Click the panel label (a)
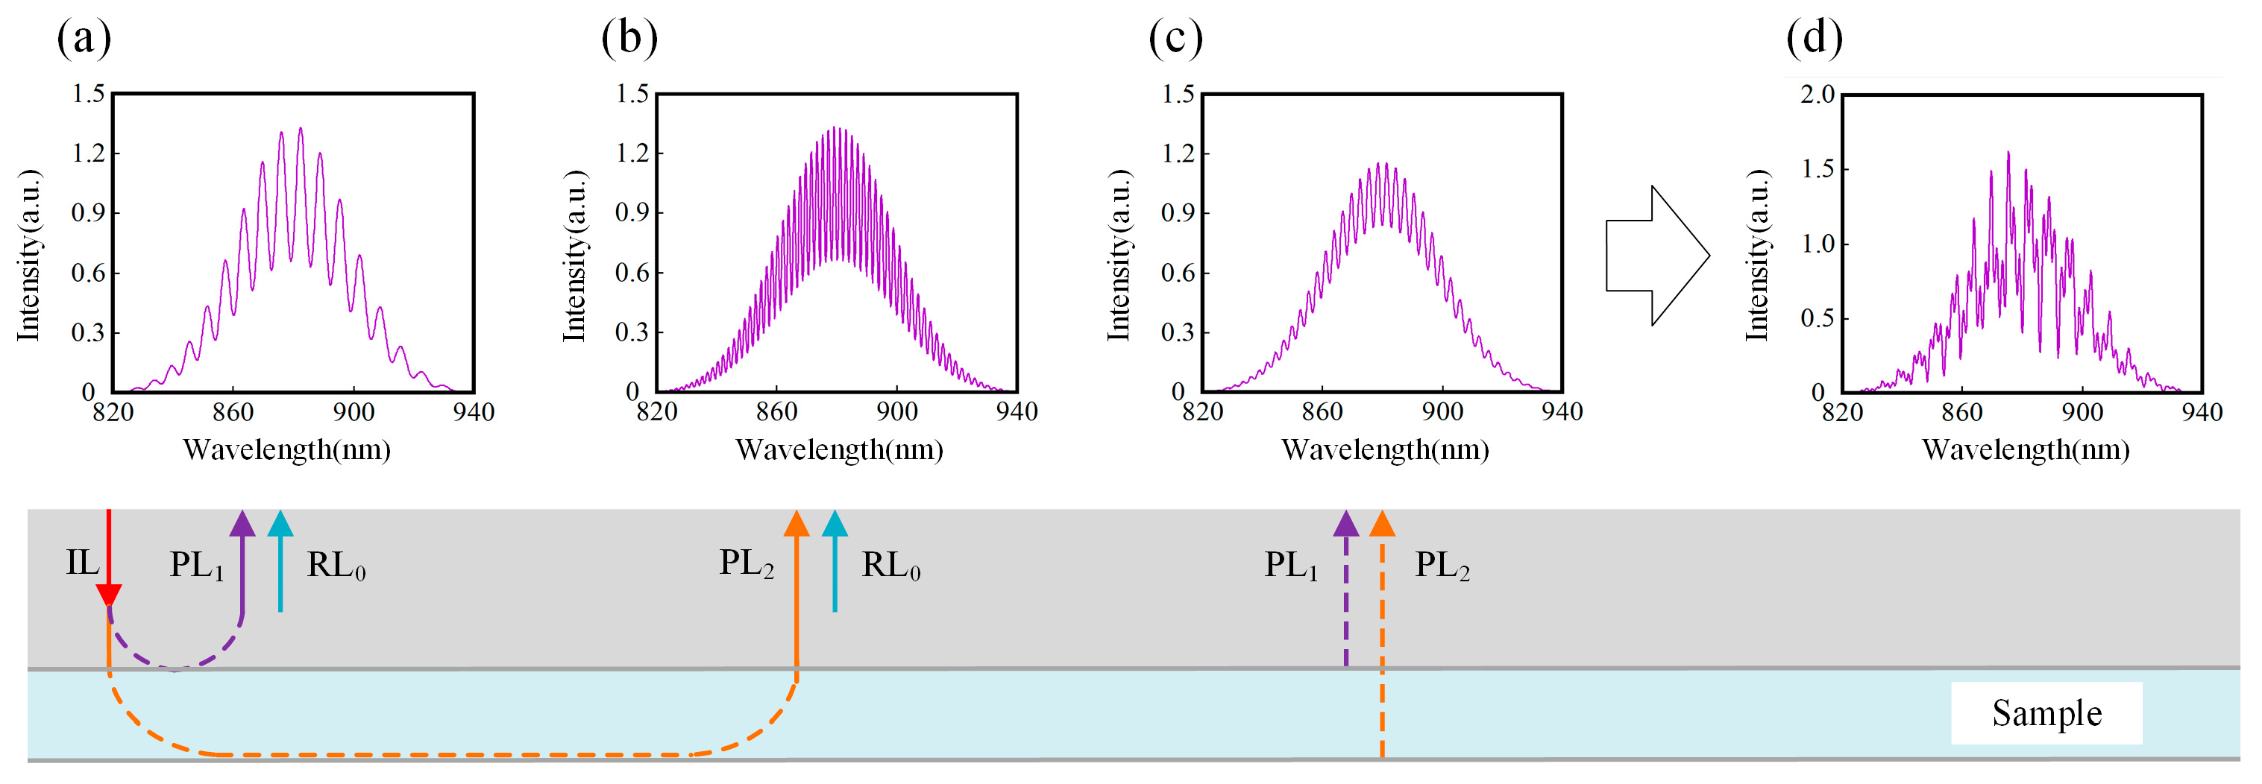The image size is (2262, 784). (x=84, y=39)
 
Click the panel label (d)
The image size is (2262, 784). (x=1815, y=39)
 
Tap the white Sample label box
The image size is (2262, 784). (x=2046, y=713)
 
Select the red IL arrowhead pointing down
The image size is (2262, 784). (x=108, y=595)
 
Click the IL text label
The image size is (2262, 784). (x=83, y=563)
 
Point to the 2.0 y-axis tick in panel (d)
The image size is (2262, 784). (x=1817, y=94)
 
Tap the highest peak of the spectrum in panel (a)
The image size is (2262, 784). (x=301, y=130)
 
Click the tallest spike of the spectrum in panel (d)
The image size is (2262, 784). (x=2008, y=154)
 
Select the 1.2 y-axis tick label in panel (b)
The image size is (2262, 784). (x=632, y=153)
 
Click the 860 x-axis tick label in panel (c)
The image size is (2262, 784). (x=1322, y=412)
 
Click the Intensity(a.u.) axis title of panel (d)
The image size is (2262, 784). (x=1757, y=255)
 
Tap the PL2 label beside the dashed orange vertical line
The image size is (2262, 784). (x=1442, y=564)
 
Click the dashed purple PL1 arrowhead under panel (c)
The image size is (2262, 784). (x=1345, y=524)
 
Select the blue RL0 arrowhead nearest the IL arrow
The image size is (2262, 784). (x=280, y=524)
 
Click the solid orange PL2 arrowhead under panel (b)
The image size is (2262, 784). (x=797, y=524)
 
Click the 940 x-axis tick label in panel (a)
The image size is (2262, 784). (x=474, y=412)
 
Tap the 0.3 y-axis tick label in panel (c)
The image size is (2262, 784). (x=1178, y=332)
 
